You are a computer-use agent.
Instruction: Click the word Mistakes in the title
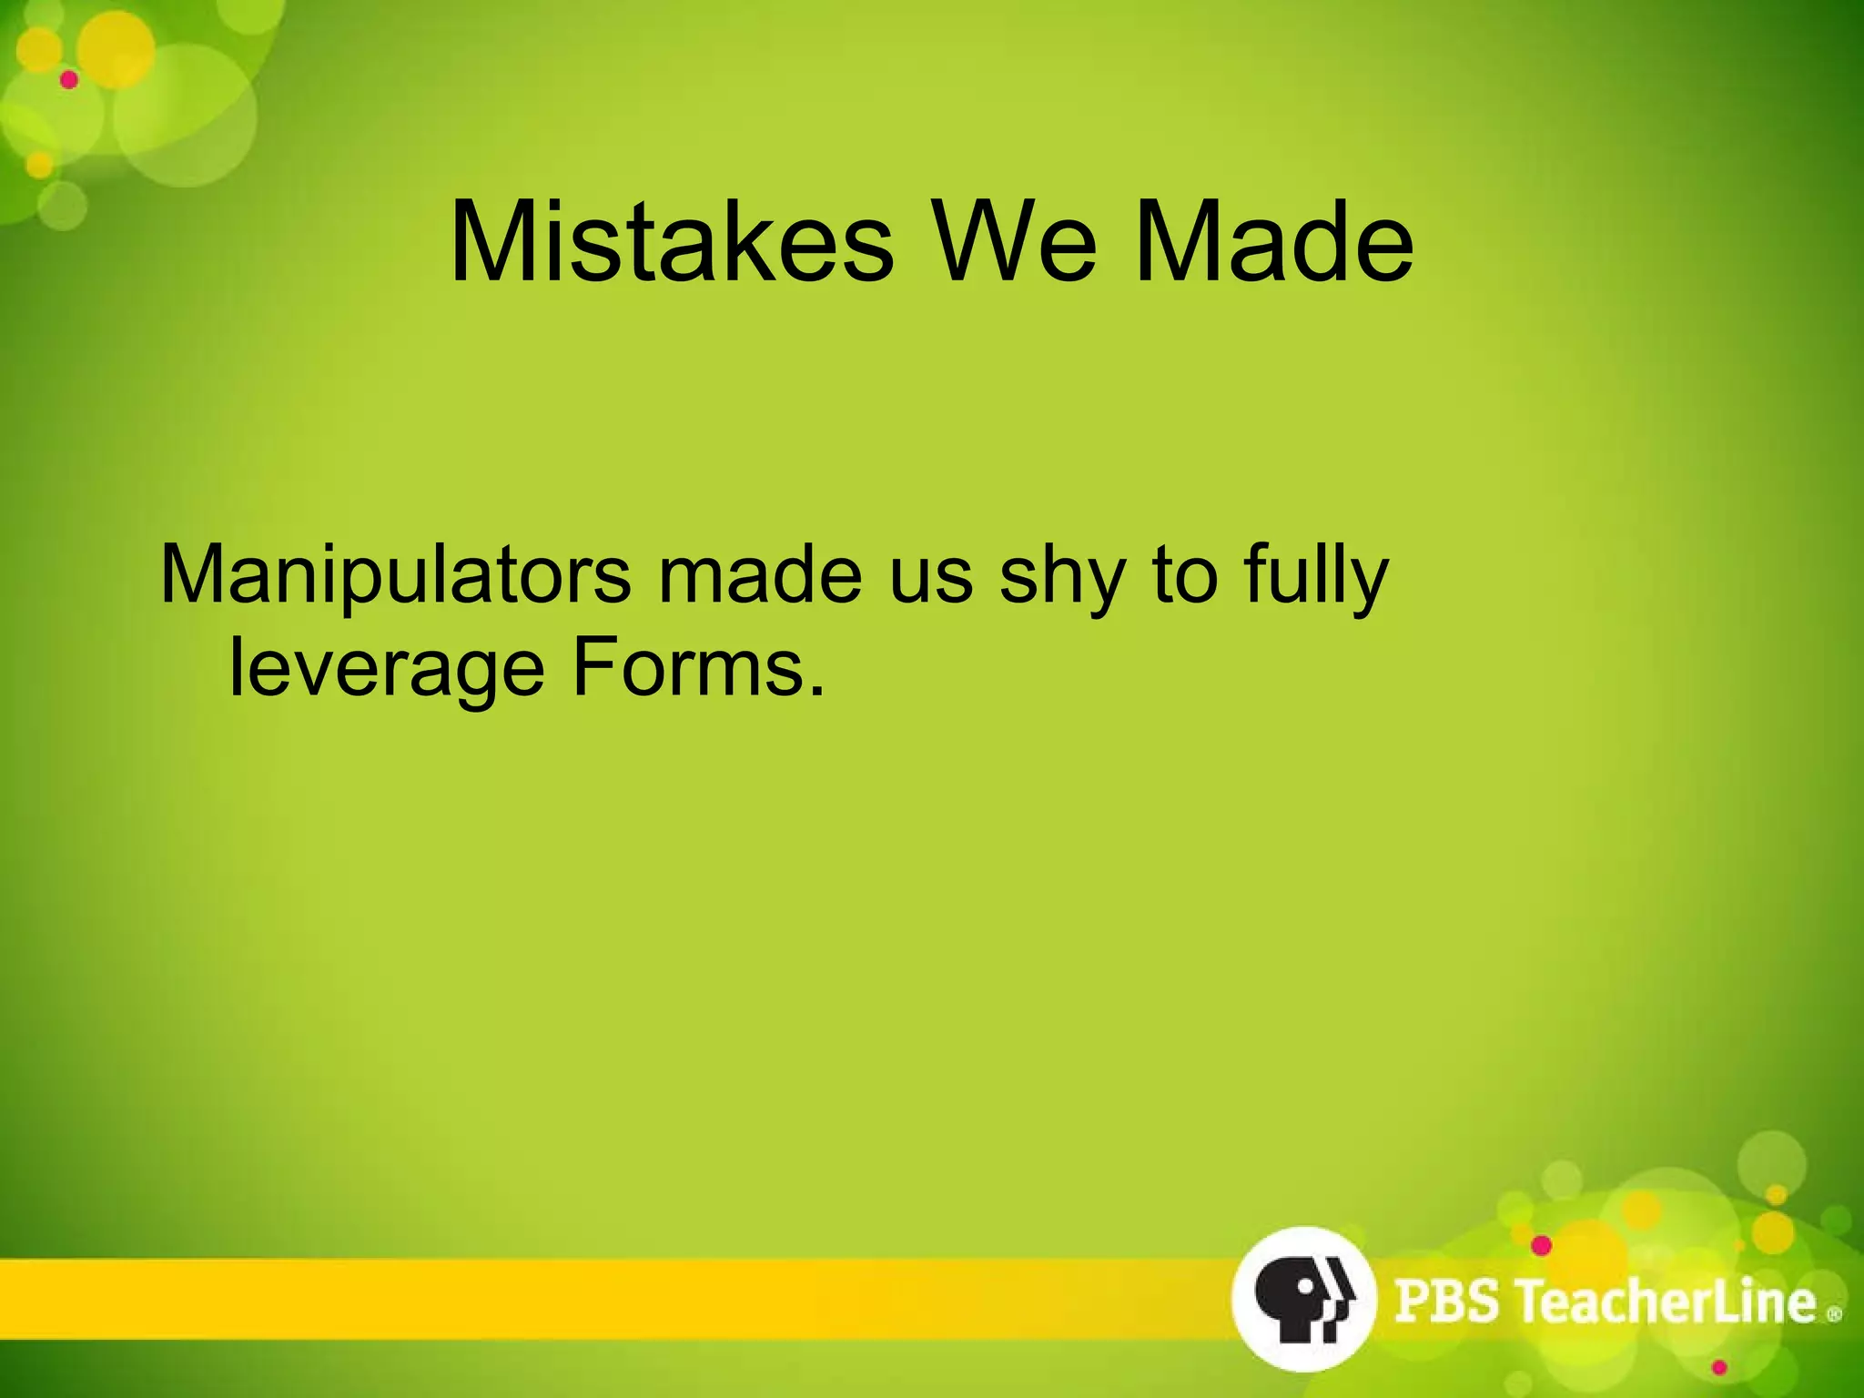click(672, 244)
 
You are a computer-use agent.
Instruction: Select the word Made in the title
click(1274, 244)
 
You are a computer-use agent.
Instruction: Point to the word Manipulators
click(394, 575)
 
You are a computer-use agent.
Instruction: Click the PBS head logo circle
click(1302, 1298)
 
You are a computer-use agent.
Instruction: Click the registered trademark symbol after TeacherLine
click(1834, 1314)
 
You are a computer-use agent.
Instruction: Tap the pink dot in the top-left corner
click(69, 80)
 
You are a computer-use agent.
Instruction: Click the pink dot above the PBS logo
click(1541, 1245)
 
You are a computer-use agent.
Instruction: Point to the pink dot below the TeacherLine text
click(1719, 1368)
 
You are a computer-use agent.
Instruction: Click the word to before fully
click(1184, 575)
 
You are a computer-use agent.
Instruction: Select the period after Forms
click(816, 692)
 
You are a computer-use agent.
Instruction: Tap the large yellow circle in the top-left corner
click(115, 51)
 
